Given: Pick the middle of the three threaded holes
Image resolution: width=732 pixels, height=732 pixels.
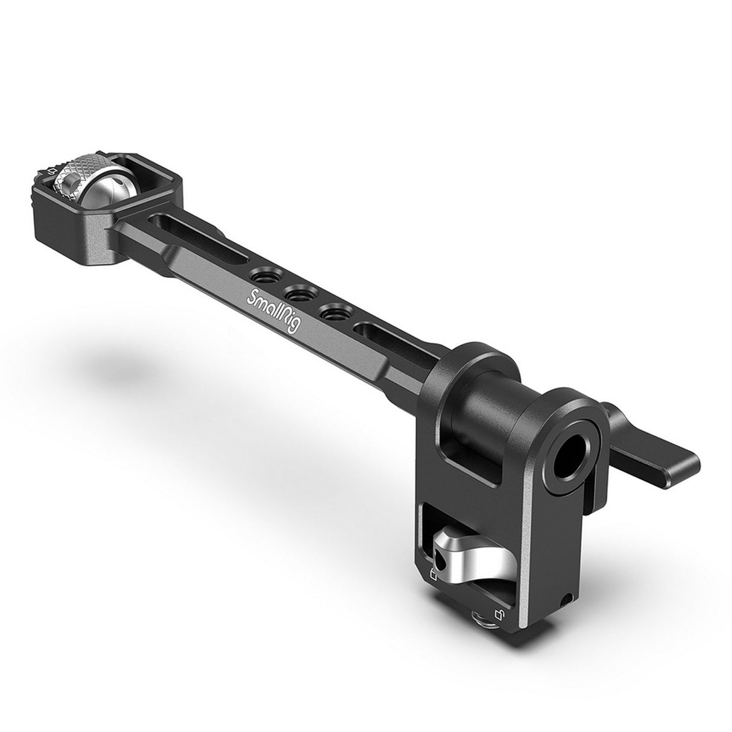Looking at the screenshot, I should [297, 294].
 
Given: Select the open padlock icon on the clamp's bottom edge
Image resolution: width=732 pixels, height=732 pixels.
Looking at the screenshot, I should [499, 614].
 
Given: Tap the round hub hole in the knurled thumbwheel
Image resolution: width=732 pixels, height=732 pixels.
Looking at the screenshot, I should [65, 180].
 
